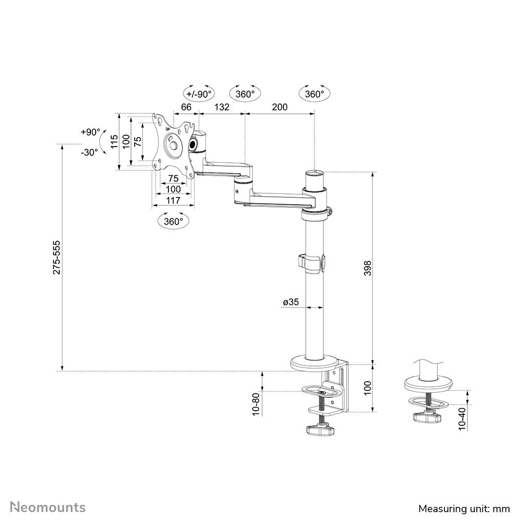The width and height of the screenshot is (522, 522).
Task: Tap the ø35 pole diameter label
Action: (x=291, y=302)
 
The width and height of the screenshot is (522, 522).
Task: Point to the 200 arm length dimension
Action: (x=279, y=107)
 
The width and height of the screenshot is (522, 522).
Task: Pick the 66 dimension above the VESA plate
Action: (x=186, y=107)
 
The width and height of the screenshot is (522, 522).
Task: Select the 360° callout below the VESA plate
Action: (x=173, y=221)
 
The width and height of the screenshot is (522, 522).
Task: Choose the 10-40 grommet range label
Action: (x=462, y=418)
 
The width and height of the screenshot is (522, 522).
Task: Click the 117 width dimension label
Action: (x=173, y=200)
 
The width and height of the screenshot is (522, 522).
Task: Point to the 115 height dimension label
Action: (x=113, y=141)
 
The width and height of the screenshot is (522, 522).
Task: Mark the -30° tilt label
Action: (x=89, y=152)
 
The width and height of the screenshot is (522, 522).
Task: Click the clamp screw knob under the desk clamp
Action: (x=319, y=430)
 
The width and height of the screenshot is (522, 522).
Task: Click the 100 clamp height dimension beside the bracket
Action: (x=367, y=387)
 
